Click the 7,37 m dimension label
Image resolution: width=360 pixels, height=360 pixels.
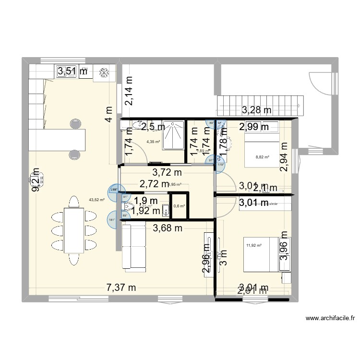tap(121, 288)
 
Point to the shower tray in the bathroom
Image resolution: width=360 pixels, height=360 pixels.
tap(173, 135)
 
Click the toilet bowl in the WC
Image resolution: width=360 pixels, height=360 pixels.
tap(128, 207)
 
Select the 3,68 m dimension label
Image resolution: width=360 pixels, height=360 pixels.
tap(168, 228)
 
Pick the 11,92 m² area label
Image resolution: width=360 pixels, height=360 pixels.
tap(253, 246)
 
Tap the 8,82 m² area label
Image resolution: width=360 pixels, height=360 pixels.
tap(262, 157)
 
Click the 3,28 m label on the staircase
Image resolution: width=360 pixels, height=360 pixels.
tap(256, 110)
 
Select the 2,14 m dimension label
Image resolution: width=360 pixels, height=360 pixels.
tap(129, 91)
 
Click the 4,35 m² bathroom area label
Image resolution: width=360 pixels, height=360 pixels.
tap(154, 142)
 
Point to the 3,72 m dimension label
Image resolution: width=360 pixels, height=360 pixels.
tap(167, 172)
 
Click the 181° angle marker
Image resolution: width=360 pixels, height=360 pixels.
tap(112, 221)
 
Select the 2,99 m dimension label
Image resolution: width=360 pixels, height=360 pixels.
tap(255, 127)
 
